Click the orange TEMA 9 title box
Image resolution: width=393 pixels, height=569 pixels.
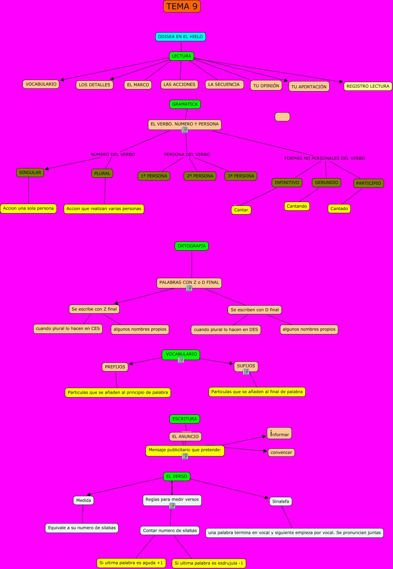182,6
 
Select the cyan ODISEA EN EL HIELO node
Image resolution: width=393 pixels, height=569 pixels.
180,37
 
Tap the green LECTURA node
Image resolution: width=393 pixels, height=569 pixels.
181,56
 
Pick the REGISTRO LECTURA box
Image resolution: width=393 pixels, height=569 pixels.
368,86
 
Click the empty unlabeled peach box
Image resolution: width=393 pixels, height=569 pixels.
282,117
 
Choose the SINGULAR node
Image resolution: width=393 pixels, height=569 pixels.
30,173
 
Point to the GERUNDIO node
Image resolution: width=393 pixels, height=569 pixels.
326,183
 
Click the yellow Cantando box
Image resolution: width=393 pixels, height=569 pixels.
297,206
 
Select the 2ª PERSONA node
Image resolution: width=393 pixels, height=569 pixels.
200,176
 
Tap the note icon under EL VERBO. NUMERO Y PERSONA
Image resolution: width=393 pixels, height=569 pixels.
185,130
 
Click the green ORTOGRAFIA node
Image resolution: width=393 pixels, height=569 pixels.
191,246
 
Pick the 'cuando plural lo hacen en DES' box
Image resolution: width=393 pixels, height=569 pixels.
226,330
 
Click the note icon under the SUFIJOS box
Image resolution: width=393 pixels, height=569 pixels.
246,372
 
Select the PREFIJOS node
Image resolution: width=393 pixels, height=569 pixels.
115,367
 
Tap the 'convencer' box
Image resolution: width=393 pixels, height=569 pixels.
281,453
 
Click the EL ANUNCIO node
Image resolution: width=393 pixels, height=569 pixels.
185,437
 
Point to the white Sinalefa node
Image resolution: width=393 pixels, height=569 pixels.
280,501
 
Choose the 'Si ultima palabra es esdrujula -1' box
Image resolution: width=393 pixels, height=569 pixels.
209,563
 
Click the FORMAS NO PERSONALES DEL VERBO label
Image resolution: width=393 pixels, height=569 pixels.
324,158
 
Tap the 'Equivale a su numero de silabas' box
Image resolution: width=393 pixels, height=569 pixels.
82,528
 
